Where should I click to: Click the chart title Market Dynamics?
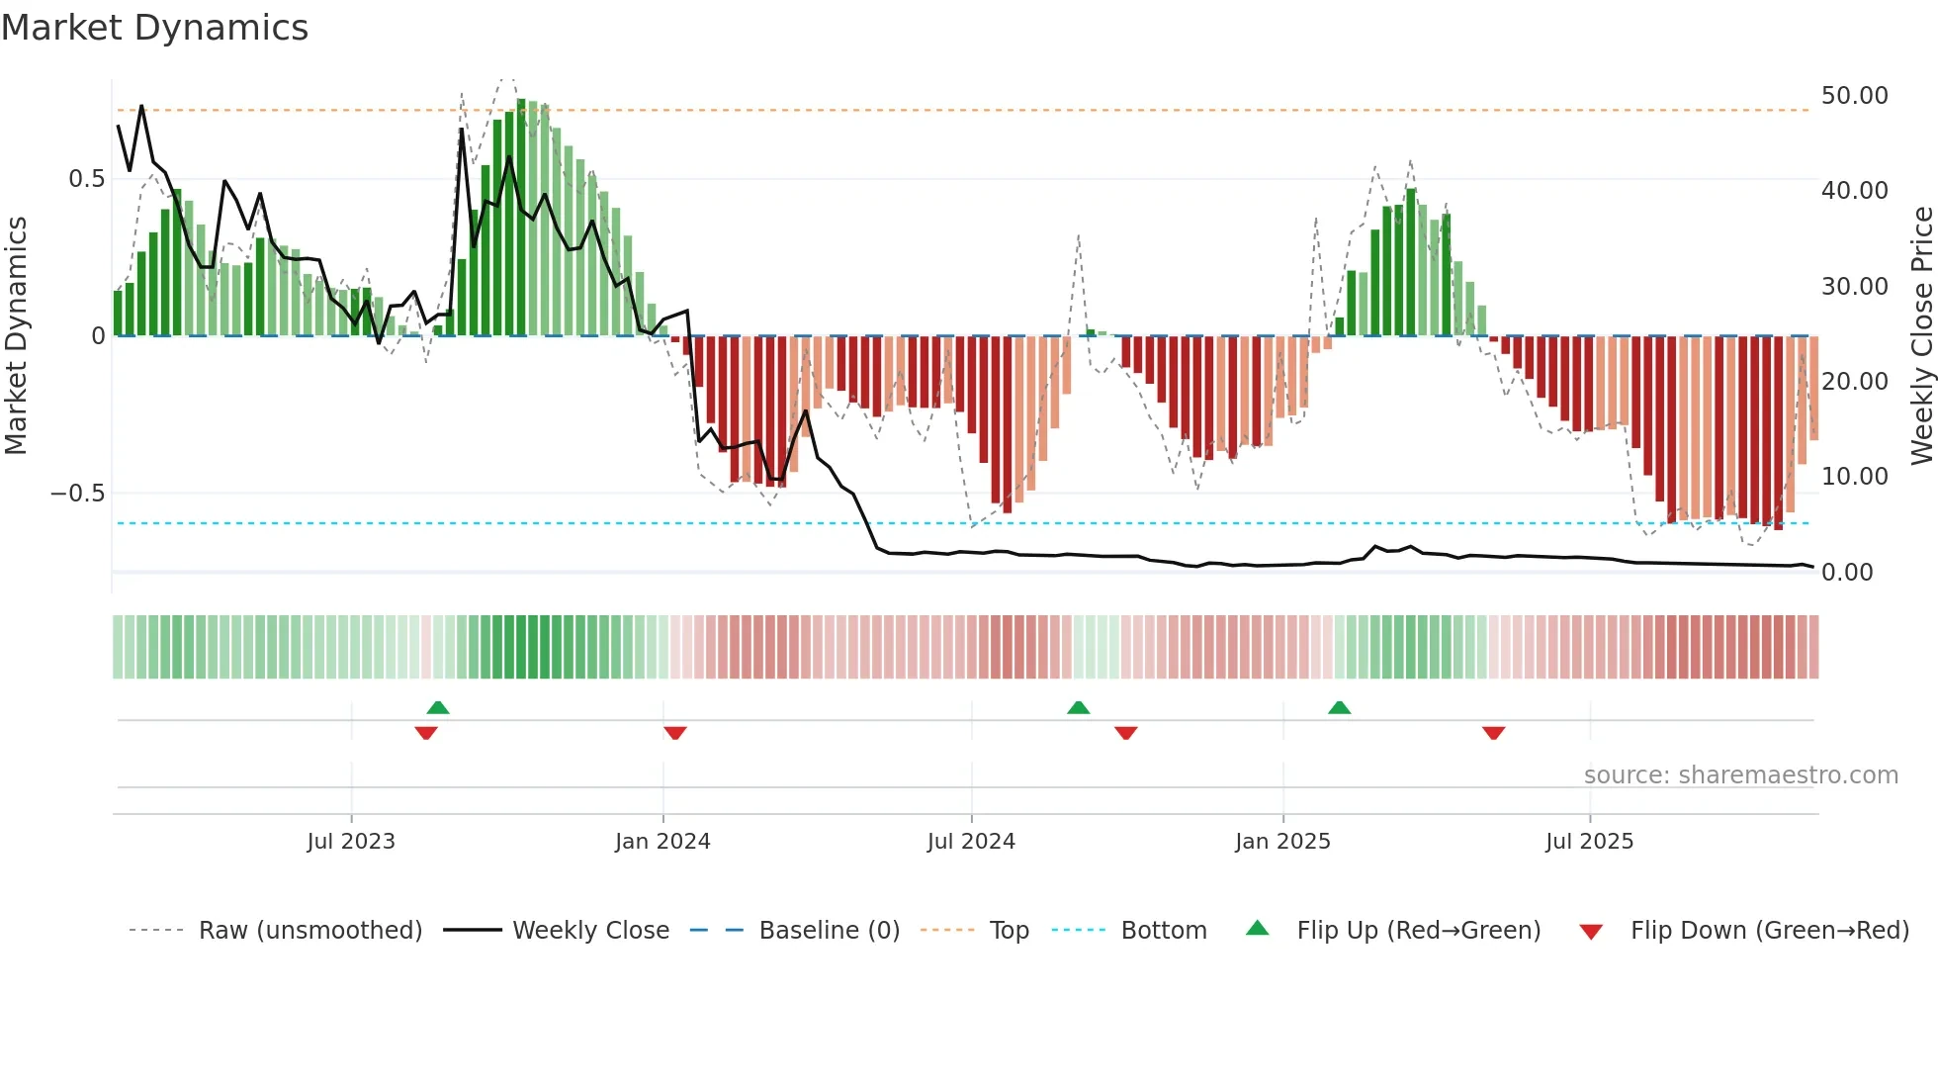[154, 28]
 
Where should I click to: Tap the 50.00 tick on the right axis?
[1854, 96]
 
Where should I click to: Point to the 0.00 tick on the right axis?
[1846, 573]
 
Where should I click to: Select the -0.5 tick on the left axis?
[77, 494]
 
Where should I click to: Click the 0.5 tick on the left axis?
[86, 179]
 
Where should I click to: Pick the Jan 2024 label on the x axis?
[662, 842]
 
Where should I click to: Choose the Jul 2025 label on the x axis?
[1589, 842]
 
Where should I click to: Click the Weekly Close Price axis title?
[1921, 335]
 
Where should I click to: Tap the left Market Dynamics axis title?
[16, 335]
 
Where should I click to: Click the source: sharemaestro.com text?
[1740, 775]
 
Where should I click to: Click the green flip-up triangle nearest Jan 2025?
[1339, 708]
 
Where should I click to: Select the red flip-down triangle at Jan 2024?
[675, 733]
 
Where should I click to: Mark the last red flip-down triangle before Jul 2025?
[1493, 733]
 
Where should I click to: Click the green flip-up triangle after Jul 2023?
[438, 708]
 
